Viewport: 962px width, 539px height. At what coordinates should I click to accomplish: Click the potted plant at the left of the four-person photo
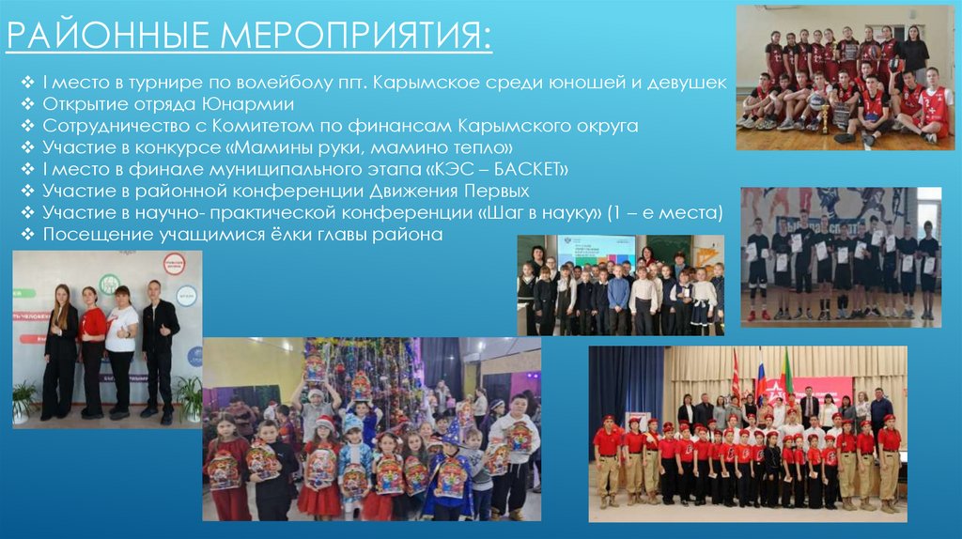coord(23,399)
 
